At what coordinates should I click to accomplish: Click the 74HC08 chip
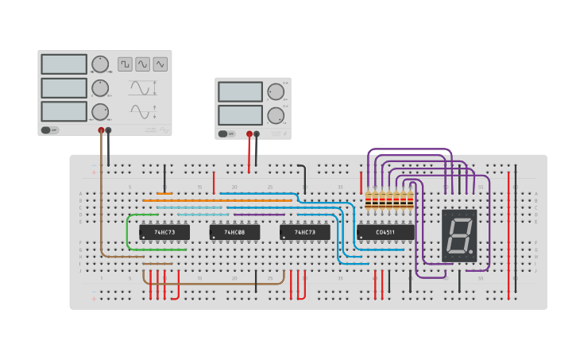click(x=234, y=232)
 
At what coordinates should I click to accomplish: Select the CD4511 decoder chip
click(x=385, y=232)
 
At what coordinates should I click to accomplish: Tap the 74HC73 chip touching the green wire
click(x=164, y=232)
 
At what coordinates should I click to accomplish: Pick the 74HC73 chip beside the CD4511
click(x=304, y=232)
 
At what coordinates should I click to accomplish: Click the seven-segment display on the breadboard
click(x=459, y=235)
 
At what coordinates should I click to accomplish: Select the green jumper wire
click(x=129, y=230)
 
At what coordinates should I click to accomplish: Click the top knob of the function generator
click(x=100, y=64)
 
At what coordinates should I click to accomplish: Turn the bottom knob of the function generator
click(x=100, y=111)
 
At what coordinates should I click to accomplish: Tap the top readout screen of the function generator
click(x=64, y=64)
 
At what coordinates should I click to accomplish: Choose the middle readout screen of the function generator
click(x=64, y=87)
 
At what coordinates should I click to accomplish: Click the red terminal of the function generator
click(x=101, y=130)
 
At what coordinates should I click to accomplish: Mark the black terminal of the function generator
click(x=109, y=130)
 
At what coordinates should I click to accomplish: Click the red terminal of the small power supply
click(x=249, y=134)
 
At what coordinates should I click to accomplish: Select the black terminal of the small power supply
click(x=257, y=134)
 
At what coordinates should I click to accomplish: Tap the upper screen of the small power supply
click(x=240, y=91)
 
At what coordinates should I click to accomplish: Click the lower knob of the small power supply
click(x=275, y=115)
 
